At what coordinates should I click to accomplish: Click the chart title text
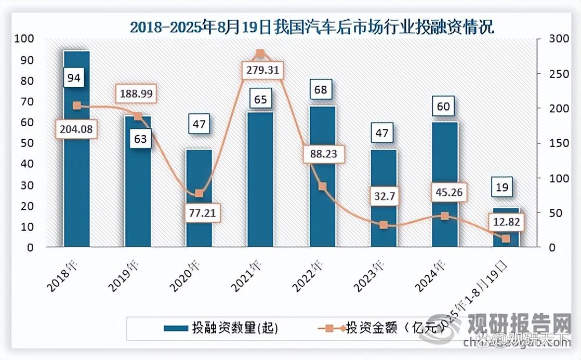pyautogui.click(x=312, y=27)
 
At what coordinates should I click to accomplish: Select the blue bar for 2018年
pyautogui.click(x=76, y=156)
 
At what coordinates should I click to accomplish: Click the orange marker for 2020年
pyautogui.click(x=199, y=193)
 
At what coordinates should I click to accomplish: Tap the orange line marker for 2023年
pyautogui.click(x=384, y=225)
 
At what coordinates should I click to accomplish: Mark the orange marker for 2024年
pyautogui.click(x=444, y=216)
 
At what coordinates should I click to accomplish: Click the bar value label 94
pyautogui.click(x=74, y=78)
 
